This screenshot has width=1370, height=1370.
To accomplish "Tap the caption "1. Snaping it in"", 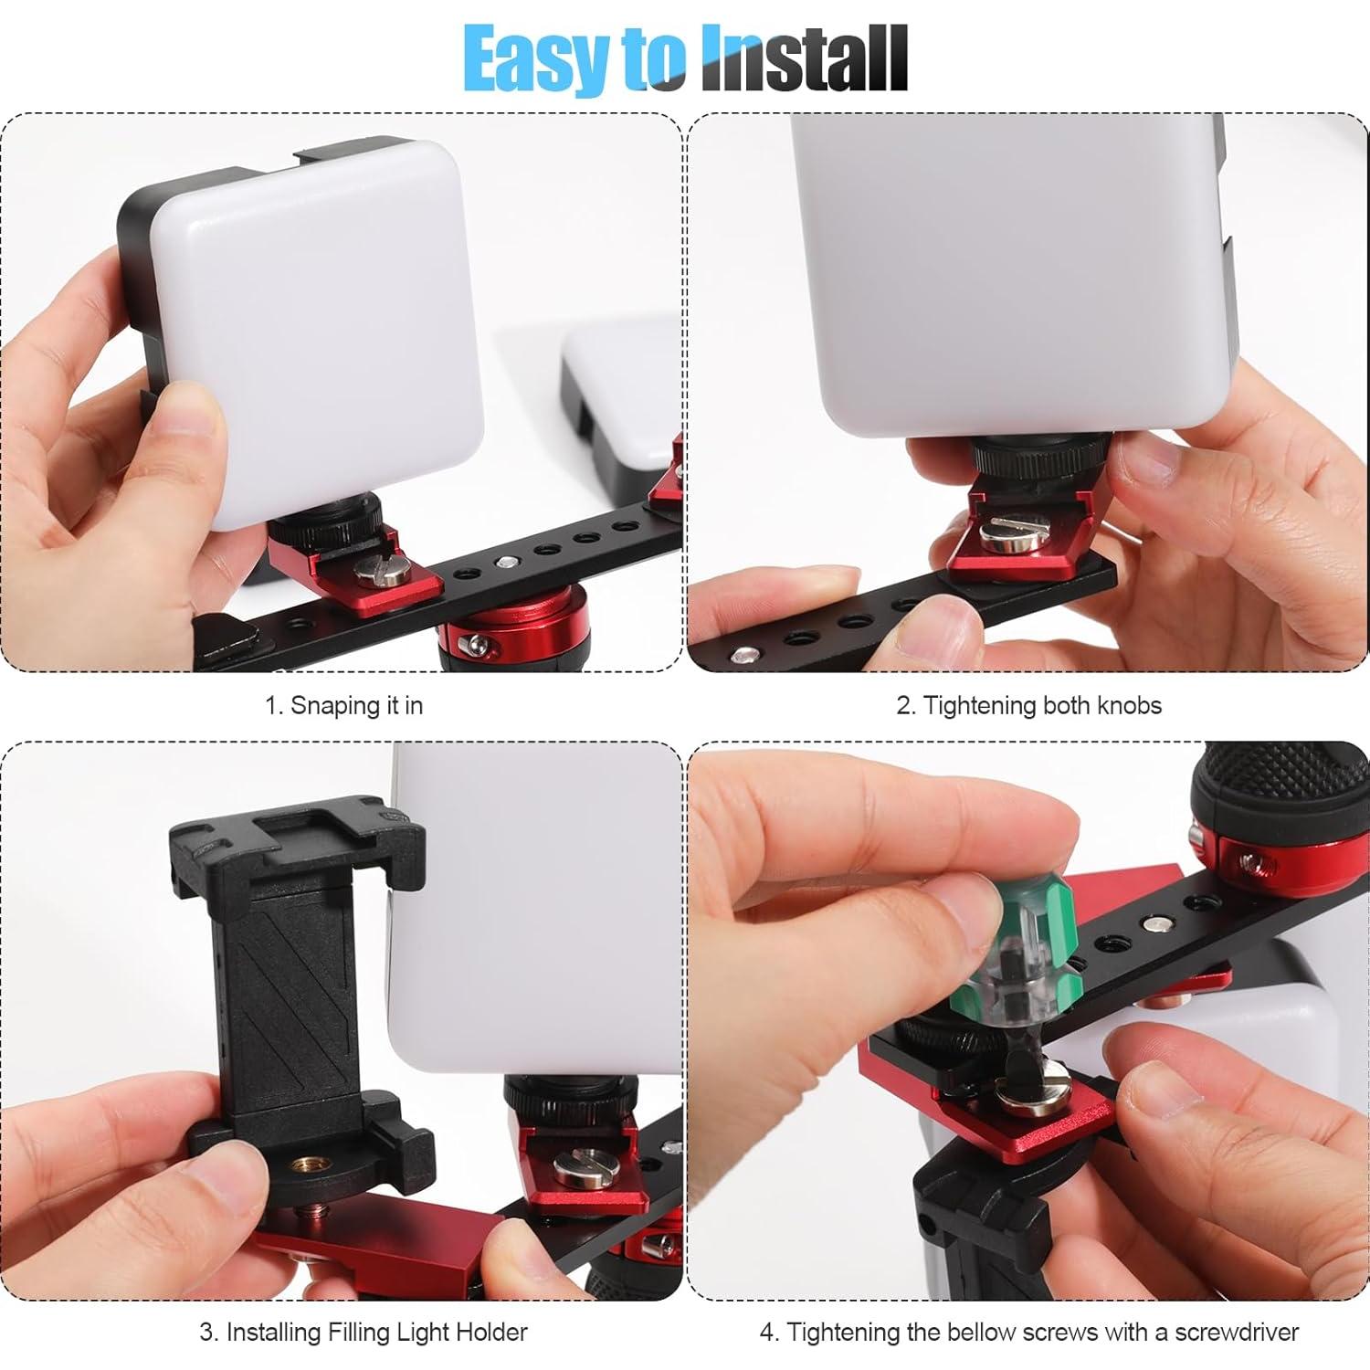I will [344, 706].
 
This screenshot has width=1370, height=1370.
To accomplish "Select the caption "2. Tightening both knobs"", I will [1028, 706].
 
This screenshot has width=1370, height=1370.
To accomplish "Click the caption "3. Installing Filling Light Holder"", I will [364, 1333].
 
